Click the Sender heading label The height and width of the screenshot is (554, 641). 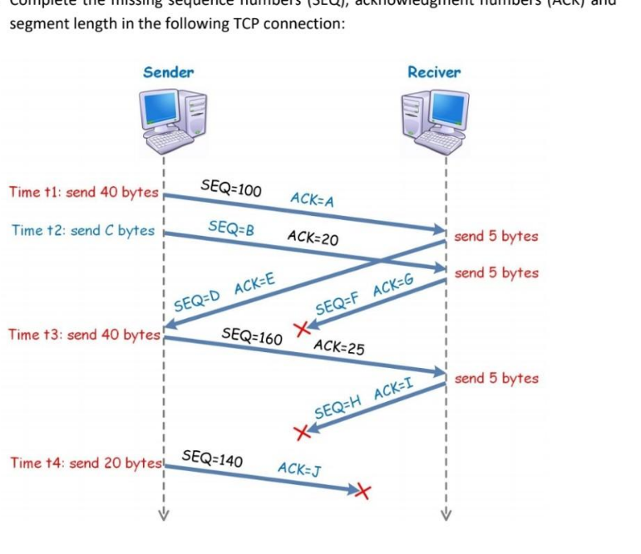[x=168, y=72]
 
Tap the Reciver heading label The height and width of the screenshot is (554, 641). [x=433, y=72]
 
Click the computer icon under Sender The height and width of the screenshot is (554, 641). [x=171, y=121]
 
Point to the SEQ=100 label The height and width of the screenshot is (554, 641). [x=231, y=189]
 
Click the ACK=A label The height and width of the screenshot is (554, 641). [x=312, y=199]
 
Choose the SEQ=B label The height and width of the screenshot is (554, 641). [x=230, y=227]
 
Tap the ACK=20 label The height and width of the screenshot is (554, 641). [x=312, y=238]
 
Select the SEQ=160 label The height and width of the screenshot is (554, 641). [x=252, y=336]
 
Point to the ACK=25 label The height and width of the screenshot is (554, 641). [x=339, y=347]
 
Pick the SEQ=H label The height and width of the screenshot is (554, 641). [x=341, y=406]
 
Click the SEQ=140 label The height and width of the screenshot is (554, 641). [x=211, y=457]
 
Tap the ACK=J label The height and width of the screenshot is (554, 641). [x=299, y=469]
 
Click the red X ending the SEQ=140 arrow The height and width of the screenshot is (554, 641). [x=362, y=493]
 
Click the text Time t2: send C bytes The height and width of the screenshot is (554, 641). [x=83, y=230]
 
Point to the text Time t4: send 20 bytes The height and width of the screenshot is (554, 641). [x=84, y=463]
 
